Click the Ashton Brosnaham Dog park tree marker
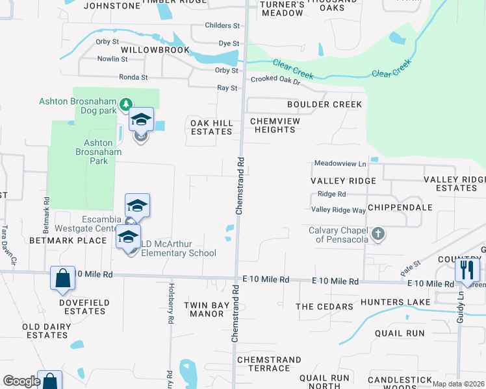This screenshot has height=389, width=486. pyautogui.click(x=126, y=103)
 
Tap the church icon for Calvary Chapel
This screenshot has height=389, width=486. pyautogui.click(x=377, y=233)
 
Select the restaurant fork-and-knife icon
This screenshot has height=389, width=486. pyautogui.click(x=467, y=269)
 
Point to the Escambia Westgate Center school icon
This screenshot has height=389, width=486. pyautogui.click(x=137, y=206)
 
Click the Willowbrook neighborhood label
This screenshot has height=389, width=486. pyautogui.click(x=155, y=49)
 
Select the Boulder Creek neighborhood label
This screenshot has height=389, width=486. pyautogui.click(x=324, y=104)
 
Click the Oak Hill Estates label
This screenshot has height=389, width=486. pyautogui.click(x=211, y=127)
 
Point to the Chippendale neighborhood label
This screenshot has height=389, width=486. pyautogui.click(x=400, y=207)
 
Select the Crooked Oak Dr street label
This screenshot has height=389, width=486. pyautogui.click(x=275, y=80)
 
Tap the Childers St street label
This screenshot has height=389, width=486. pyautogui.click(x=222, y=25)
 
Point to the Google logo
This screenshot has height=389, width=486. pyautogui.click(x=21, y=381)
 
